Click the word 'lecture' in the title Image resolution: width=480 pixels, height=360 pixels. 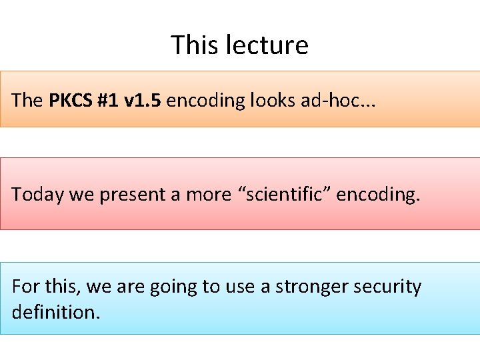[x=267, y=45]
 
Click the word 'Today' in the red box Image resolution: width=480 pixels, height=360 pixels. [x=33, y=195]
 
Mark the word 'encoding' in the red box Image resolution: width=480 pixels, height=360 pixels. [x=377, y=195]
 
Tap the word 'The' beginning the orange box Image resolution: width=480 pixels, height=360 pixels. [x=27, y=101]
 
